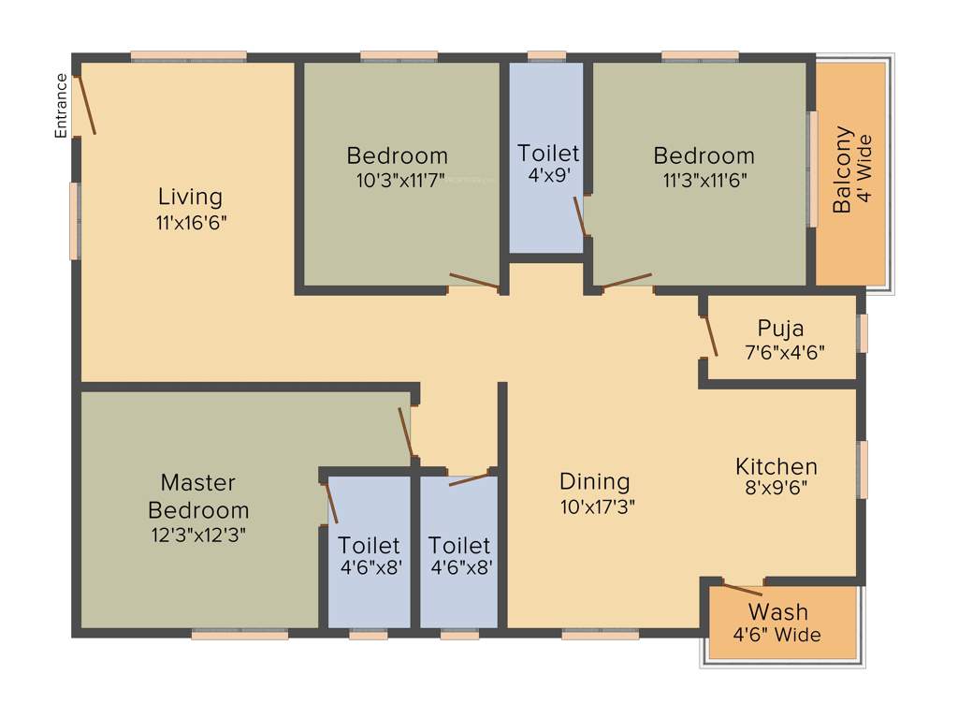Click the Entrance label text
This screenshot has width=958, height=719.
[x=62, y=106]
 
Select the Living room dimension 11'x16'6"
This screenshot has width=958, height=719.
[x=190, y=223]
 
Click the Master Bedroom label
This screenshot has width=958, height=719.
[x=198, y=496]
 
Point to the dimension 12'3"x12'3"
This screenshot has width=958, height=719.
[x=198, y=535]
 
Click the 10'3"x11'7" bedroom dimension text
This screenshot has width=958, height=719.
[x=397, y=180]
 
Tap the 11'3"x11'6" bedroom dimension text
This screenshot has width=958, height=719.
[x=704, y=180]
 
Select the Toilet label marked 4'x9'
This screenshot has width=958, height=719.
[x=548, y=153]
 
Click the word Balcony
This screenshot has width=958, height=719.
[x=843, y=169]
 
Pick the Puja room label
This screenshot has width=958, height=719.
[x=780, y=329]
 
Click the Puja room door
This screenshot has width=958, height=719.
[x=709, y=336]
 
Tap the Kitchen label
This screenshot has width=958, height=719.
[x=776, y=465]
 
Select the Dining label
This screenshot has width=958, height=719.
[x=594, y=481]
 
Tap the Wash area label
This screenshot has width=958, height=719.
[x=777, y=612]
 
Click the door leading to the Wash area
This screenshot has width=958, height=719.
[x=743, y=590]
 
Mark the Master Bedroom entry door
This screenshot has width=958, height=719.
[x=405, y=432]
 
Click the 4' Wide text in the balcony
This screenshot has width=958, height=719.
[x=864, y=169]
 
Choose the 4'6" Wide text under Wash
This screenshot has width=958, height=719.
[x=777, y=635]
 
